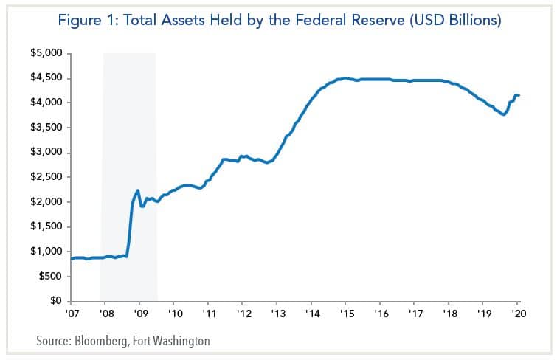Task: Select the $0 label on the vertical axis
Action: pyautogui.click(x=56, y=301)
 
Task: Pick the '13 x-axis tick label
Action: pyautogui.click(x=276, y=313)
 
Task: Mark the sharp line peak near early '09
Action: pyautogui.click(x=138, y=190)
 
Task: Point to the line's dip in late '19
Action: pyautogui.click(x=503, y=114)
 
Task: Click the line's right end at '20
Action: pyautogui.click(x=519, y=95)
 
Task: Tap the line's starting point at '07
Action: pyautogui.click(x=71, y=258)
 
